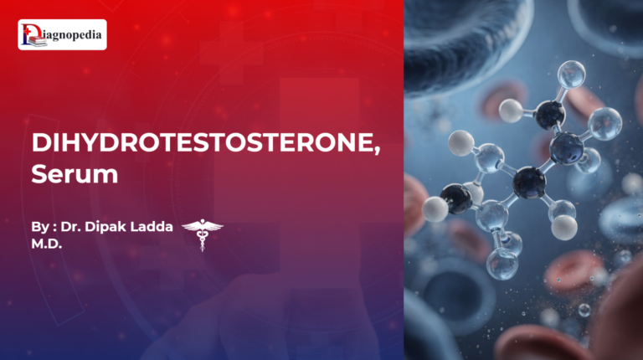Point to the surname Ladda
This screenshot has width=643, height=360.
pyautogui.click(x=158, y=226)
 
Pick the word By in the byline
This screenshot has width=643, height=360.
pyautogui.click(x=38, y=226)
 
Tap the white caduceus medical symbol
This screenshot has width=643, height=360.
pyautogui.click(x=203, y=233)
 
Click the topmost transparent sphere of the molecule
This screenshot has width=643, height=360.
pyautogui.click(x=571, y=75)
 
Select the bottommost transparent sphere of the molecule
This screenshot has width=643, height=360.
pyautogui.click(x=502, y=264)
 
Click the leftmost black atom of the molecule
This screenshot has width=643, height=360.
pyautogui.click(x=456, y=198)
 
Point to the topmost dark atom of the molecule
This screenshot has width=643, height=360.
pyautogui.click(x=550, y=114)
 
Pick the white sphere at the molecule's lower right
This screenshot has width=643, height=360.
pyautogui.click(x=565, y=226)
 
